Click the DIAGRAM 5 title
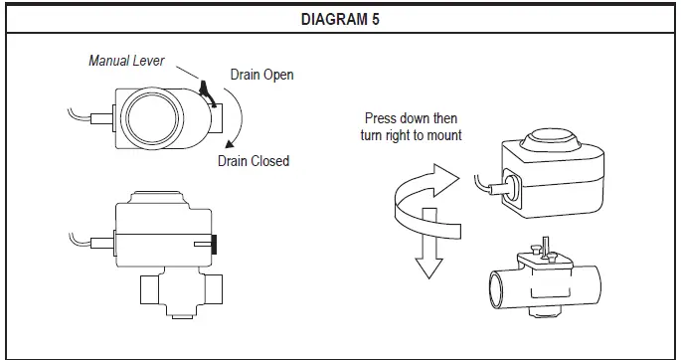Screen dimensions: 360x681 click(340, 18)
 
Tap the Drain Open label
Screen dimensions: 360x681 click(261, 75)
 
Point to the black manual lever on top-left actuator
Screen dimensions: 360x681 click(205, 91)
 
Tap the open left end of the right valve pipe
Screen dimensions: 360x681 click(495, 293)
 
